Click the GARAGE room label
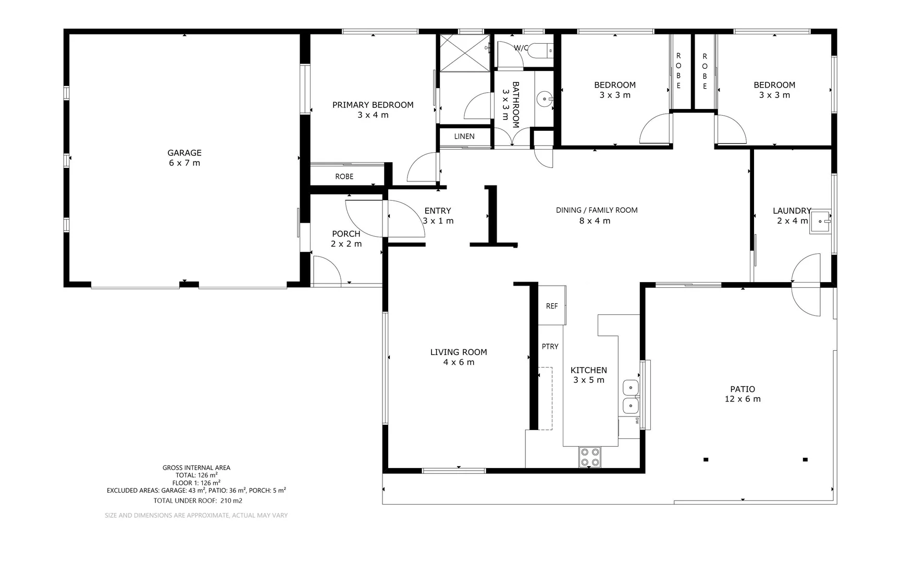[184, 153]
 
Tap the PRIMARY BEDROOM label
[373, 105]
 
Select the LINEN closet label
[464, 137]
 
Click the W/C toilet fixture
[540, 51]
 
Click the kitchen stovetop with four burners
[590, 457]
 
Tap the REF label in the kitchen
[552, 306]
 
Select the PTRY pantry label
[550, 347]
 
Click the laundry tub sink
[821, 222]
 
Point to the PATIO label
[743, 389]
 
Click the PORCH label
[346, 234]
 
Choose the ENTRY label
[438, 211]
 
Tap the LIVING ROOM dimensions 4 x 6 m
[459, 362]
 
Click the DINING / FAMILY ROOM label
[597, 210]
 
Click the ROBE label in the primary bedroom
[344, 177]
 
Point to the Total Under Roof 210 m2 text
[198, 501]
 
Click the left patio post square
[706, 459]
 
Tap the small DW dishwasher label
[637, 420]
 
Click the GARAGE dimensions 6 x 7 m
[184, 163]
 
